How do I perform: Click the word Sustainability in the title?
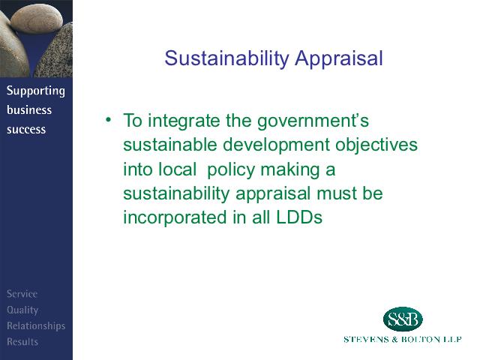[x=226, y=58]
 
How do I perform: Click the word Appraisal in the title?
[x=339, y=58]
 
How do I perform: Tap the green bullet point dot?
[x=108, y=119]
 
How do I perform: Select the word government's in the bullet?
[x=313, y=121]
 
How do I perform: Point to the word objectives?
[x=376, y=145]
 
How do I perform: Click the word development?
[x=276, y=145]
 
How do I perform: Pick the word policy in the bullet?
[x=231, y=170]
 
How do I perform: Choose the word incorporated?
[x=175, y=218]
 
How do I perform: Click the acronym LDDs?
[x=299, y=217]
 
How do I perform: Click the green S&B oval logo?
[x=403, y=319]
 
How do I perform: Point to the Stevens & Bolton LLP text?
[x=402, y=339]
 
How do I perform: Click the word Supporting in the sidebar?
[x=36, y=91]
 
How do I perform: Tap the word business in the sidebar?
[x=29, y=110]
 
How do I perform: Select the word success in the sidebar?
[x=26, y=130]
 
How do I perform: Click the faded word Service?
[x=22, y=294]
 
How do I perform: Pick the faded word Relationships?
[x=36, y=326]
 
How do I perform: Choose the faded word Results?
[x=22, y=341]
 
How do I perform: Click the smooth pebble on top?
[x=37, y=18]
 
